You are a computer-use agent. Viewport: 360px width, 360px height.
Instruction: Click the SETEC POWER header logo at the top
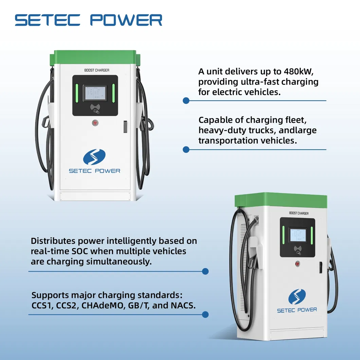pyautogui.click(x=88, y=20)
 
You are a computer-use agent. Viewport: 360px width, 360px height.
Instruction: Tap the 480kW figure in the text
pyautogui.click(x=290, y=72)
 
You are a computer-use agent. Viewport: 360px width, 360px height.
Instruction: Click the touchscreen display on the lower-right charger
pyautogui.click(x=297, y=235)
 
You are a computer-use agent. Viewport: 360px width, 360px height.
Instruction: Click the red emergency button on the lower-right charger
pyautogui.click(x=298, y=263)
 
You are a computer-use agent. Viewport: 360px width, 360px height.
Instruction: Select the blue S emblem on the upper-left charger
pyautogui.click(x=94, y=157)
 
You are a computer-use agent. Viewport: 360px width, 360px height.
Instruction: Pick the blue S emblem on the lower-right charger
pyautogui.click(x=297, y=296)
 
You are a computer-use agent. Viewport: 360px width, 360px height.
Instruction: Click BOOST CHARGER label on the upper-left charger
pyautogui.click(x=97, y=70)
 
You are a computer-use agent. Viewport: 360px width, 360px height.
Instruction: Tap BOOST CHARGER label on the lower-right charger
pyautogui.click(x=299, y=213)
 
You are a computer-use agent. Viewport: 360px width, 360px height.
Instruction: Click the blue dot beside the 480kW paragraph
pyautogui.click(x=186, y=101)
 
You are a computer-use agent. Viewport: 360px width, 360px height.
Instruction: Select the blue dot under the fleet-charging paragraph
pyautogui.click(x=186, y=149)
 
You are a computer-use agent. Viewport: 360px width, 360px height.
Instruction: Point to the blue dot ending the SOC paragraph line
pyautogui.click(x=205, y=271)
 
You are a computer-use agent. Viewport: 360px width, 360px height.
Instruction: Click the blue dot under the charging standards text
pyautogui.click(x=205, y=314)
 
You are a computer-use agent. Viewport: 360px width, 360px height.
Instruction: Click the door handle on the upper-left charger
pyautogui.click(x=125, y=126)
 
